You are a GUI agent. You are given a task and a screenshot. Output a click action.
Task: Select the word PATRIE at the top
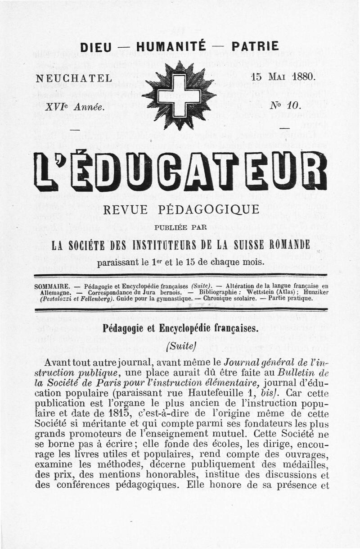255,46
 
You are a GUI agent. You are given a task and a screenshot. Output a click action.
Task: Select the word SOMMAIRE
52,286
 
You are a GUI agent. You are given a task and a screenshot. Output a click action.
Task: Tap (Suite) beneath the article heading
180,346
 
